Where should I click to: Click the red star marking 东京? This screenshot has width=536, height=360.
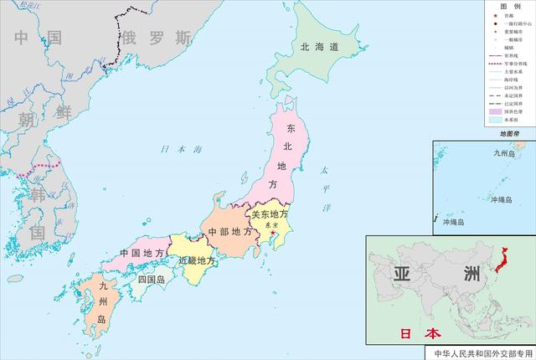(272, 231)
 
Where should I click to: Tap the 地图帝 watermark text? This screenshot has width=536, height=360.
(510, 134)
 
